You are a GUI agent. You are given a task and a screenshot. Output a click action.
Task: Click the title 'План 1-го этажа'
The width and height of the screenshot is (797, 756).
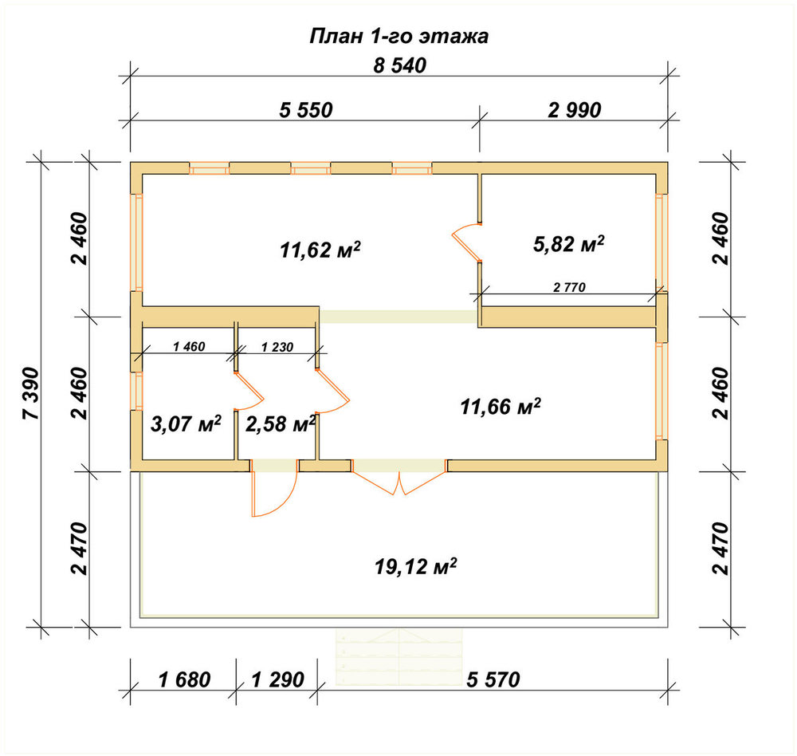click(399, 37)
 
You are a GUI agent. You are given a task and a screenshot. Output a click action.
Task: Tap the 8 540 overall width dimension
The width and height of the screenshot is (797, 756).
click(399, 66)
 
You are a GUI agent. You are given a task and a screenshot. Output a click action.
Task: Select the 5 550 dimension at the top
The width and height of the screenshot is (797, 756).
click(306, 110)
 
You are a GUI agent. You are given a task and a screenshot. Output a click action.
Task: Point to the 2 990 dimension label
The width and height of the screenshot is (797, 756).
click(575, 110)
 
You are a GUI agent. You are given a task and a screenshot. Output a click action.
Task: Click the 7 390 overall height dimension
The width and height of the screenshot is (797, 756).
click(30, 393)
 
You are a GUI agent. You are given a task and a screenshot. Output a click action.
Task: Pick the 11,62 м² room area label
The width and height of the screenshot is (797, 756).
click(320, 250)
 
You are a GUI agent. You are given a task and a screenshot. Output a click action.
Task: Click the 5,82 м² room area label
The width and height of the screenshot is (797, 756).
click(569, 244)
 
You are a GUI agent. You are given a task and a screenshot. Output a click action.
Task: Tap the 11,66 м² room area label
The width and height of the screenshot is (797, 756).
click(501, 407)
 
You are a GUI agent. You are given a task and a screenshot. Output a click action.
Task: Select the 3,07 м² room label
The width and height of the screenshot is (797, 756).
click(186, 423)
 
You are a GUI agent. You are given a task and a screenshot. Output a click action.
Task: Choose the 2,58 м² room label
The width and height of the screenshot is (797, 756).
click(281, 423)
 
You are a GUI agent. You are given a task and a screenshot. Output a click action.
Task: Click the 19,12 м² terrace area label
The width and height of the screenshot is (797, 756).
click(416, 565)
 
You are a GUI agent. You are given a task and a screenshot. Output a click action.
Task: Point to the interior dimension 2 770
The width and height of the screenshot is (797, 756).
click(569, 288)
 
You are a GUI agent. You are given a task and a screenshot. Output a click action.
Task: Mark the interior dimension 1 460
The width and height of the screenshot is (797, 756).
click(189, 347)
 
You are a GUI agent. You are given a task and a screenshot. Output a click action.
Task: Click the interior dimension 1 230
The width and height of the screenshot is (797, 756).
click(277, 348)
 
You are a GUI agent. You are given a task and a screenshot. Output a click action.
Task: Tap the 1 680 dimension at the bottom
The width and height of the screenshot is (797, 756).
click(184, 679)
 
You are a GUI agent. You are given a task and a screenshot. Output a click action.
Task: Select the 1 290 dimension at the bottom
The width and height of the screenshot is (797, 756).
click(277, 679)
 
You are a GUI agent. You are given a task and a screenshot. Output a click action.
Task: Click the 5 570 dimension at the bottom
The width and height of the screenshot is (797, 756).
click(493, 679)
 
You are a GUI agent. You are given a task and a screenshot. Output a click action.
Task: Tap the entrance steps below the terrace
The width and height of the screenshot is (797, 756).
click(399, 657)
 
